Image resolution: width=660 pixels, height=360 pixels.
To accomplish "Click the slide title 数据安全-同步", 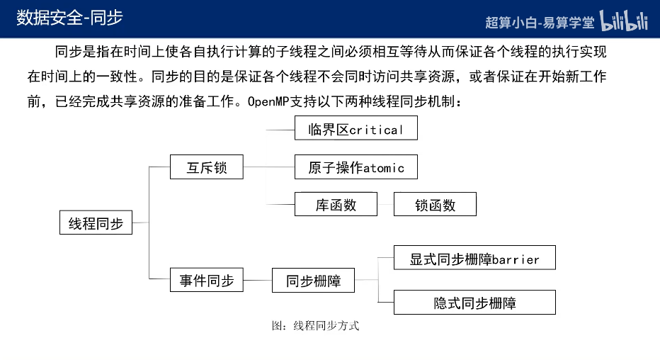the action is click(70, 18).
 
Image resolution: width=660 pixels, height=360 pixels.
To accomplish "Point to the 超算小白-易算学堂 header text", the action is click(540, 22).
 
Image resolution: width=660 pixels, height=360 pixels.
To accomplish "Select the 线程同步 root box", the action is click(96, 224).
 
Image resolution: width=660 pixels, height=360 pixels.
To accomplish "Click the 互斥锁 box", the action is click(207, 168).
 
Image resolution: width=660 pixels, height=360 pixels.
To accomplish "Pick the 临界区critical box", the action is click(355, 129).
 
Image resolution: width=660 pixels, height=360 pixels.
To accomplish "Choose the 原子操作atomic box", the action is click(355, 168).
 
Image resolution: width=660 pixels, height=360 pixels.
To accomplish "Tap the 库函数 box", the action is click(336, 206).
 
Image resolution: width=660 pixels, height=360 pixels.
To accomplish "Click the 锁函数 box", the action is click(435, 206).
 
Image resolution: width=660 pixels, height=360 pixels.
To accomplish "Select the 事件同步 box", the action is click(207, 281).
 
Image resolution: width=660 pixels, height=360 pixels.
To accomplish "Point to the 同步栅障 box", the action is click(313, 281).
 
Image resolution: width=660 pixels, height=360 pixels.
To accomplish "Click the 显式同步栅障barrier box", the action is click(474, 259).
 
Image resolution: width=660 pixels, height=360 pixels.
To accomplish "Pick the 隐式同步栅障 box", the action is click(474, 303).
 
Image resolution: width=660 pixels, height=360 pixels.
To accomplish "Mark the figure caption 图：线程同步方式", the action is click(315, 326).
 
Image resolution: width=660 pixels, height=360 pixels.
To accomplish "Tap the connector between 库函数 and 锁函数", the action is click(385, 206).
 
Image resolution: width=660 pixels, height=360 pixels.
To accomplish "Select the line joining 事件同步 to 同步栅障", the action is click(258, 281).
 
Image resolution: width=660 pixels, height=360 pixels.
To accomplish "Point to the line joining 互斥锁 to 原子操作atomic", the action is click(269, 168).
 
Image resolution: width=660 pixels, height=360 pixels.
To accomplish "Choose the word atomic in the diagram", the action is click(383, 169).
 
